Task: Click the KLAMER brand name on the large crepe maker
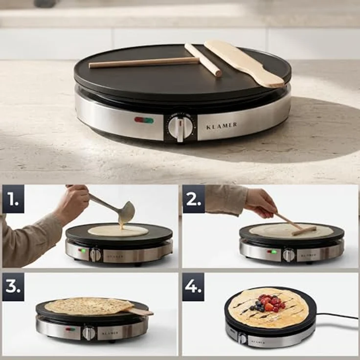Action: [222, 126]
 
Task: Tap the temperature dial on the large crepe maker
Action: [180, 127]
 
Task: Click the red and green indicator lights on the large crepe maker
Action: [144, 120]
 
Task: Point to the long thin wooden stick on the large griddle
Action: [144, 62]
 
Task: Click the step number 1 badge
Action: [13, 199]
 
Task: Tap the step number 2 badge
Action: [194, 199]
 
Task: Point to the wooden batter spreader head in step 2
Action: [304, 230]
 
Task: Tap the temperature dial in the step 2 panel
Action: [289, 255]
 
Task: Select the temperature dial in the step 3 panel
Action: [89, 333]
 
